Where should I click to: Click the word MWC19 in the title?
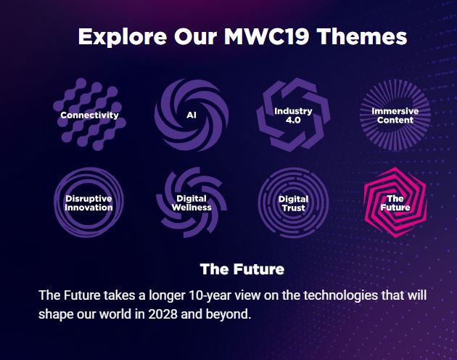pyautogui.click(x=267, y=36)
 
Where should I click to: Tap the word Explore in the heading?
pyautogui.click(x=123, y=37)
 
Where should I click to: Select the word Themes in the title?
pyautogui.click(x=362, y=36)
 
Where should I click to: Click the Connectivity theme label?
pyautogui.click(x=89, y=115)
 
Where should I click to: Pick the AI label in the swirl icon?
pyautogui.click(x=192, y=115)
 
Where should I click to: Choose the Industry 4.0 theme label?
pyautogui.click(x=293, y=115)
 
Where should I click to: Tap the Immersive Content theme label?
pyautogui.click(x=395, y=115)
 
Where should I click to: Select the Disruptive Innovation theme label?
pyautogui.click(x=89, y=203)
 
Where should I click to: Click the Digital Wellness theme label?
pyautogui.click(x=192, y=203)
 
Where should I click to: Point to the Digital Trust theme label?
pyautogui.click(x=293, y=203)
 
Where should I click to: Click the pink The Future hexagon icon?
pyautogui.click(x=395, y=202)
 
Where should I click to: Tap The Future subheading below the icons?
pyautogui.click(x=242, y=269)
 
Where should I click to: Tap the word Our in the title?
pyautogui.click(x=196, y=36)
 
